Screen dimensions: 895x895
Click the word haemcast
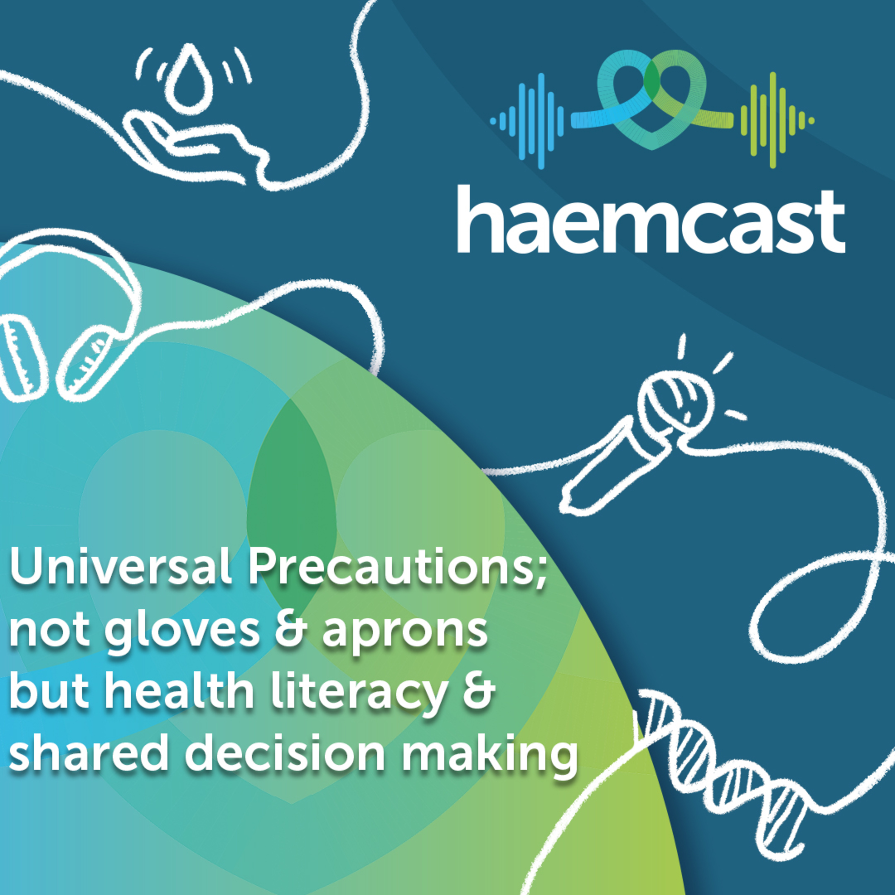coord(651,220)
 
